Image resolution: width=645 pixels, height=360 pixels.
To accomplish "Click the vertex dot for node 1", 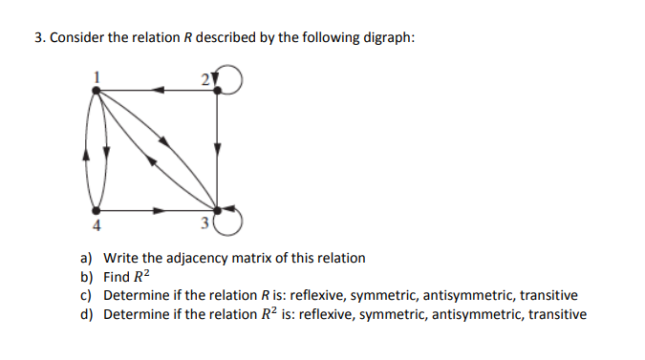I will pos(96,90).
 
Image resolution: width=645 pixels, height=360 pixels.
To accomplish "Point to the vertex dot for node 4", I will pos(96,209).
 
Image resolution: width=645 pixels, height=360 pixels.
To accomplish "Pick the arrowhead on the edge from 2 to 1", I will pos(161,90).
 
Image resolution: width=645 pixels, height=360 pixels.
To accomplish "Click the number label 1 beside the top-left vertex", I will pos(96,75).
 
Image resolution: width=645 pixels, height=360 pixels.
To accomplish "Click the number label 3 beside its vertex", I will pos(205,225).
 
